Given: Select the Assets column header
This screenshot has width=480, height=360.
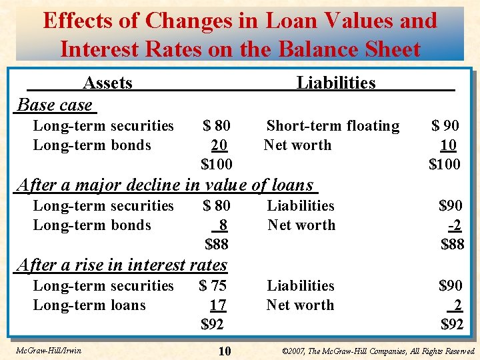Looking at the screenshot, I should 107,83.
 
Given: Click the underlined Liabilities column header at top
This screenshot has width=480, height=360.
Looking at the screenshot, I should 336,83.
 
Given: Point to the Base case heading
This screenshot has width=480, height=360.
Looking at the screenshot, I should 55,105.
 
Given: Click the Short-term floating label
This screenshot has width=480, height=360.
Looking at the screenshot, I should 333,125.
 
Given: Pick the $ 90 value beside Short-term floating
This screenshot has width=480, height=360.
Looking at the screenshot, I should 445,125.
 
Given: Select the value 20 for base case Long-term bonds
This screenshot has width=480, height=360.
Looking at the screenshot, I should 219,145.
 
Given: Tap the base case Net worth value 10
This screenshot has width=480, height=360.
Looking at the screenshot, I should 448,145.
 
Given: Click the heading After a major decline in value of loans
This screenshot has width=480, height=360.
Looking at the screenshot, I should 165,185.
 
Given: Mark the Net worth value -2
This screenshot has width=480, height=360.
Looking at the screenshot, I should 455,225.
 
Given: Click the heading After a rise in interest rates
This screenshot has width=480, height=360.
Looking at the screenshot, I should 121,265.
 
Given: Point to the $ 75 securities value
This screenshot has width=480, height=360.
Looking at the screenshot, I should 213,285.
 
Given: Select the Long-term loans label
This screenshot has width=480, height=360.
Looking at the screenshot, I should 89,305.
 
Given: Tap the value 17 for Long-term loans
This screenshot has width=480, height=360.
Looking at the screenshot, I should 218,305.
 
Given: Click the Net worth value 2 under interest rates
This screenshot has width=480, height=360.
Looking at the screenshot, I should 457,305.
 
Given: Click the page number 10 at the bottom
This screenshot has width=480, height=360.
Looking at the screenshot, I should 224,351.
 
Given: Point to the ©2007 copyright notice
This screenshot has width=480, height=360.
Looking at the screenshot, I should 378,351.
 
